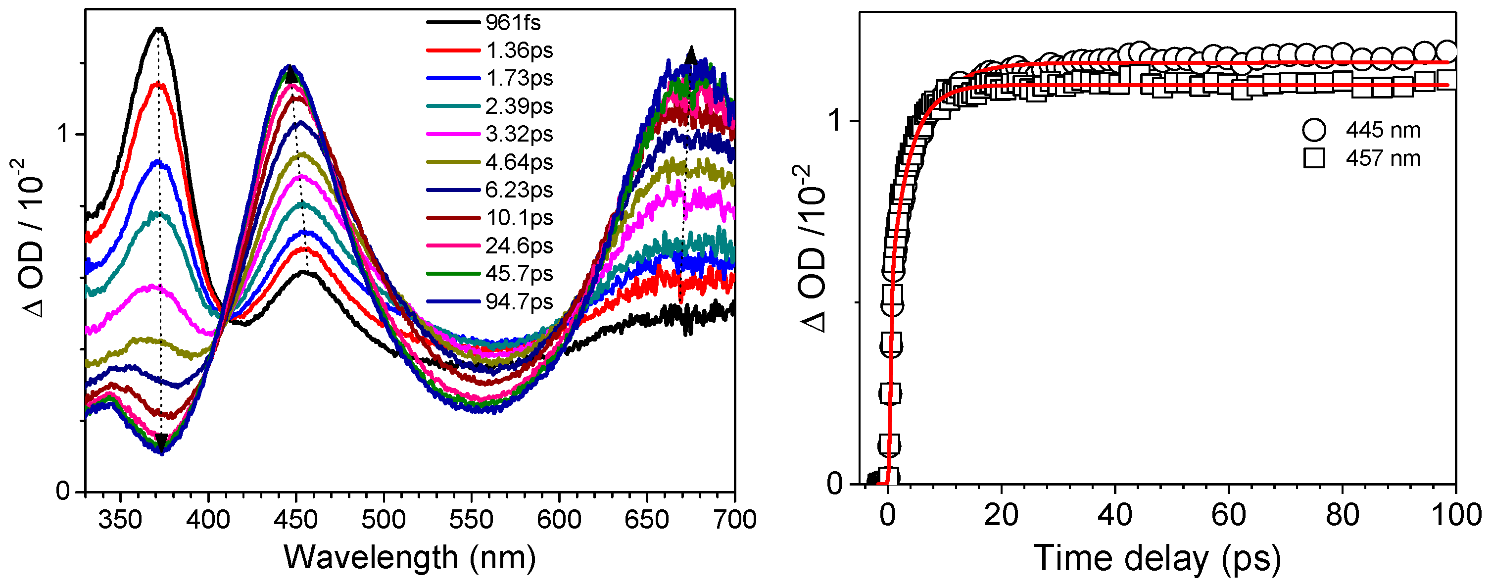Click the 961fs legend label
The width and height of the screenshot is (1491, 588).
513,23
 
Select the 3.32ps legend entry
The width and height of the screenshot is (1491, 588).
519,134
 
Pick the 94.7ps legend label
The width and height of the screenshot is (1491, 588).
519,302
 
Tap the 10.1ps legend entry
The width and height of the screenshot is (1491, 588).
519,218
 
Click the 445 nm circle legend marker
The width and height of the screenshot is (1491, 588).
1314,130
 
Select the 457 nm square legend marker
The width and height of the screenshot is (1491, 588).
1314,158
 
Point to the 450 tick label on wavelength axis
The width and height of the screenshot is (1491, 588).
296,520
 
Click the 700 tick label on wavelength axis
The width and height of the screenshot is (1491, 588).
734,520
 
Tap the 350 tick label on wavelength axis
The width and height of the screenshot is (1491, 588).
120,520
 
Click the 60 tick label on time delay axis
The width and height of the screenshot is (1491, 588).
1228,515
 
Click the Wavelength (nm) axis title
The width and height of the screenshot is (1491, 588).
410,558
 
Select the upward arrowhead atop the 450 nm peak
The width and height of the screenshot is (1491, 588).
290,75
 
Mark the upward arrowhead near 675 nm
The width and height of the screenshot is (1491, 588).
690,55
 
